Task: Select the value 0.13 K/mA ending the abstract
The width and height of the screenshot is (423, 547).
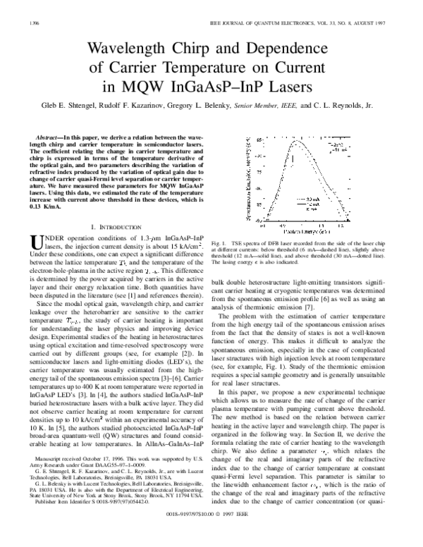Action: click(45, 208)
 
